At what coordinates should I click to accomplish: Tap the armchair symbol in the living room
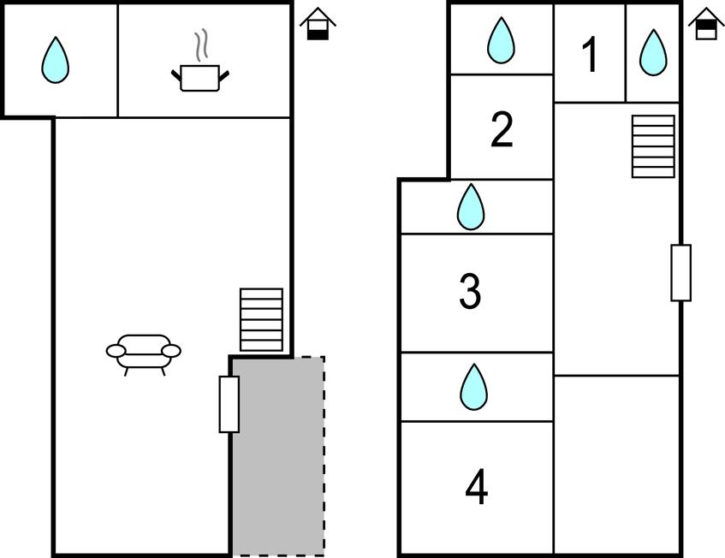[x=144, y=352]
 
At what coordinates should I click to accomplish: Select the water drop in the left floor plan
[x=56, y=60]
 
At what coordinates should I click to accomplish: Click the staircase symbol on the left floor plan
[x=261, y=319]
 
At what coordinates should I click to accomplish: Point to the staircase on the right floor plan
[x=653, y=146]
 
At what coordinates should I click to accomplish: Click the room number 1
[x=589, y=56]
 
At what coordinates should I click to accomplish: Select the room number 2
[x=502, y=130]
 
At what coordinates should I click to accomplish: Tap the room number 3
[x=470, y=292]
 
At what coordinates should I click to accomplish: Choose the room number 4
[x=477, y=488]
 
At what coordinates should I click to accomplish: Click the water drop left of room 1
[x=501, y=40]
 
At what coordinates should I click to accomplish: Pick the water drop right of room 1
[x=653, y=52]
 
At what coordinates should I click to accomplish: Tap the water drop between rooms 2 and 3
[x=471, y=207]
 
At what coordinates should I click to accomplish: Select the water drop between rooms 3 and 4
[x=473, y=387]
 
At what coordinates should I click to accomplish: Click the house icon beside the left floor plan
[x=318, y=24]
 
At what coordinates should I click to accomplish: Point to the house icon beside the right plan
[x=706, y=24]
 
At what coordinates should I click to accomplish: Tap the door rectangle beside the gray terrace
[x=229, y=404]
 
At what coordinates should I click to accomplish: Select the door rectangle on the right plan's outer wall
[x=680, y=272]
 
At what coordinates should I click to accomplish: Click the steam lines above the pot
[x=202, y=46]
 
